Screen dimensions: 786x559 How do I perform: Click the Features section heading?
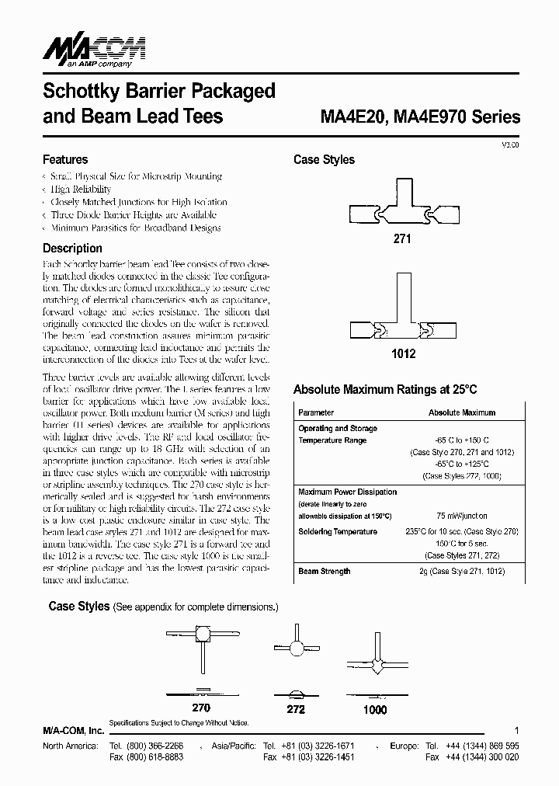coord(65,159)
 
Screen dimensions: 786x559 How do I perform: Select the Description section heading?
coord(72,249)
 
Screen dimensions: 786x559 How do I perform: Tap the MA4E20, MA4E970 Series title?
coord(420,117)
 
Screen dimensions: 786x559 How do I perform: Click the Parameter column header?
coord(316,412)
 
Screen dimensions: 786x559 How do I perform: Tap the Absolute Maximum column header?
coord(461,412)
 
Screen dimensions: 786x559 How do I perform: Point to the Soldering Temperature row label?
coord(338,531)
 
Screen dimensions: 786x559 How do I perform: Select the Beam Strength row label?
coord(324,571)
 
